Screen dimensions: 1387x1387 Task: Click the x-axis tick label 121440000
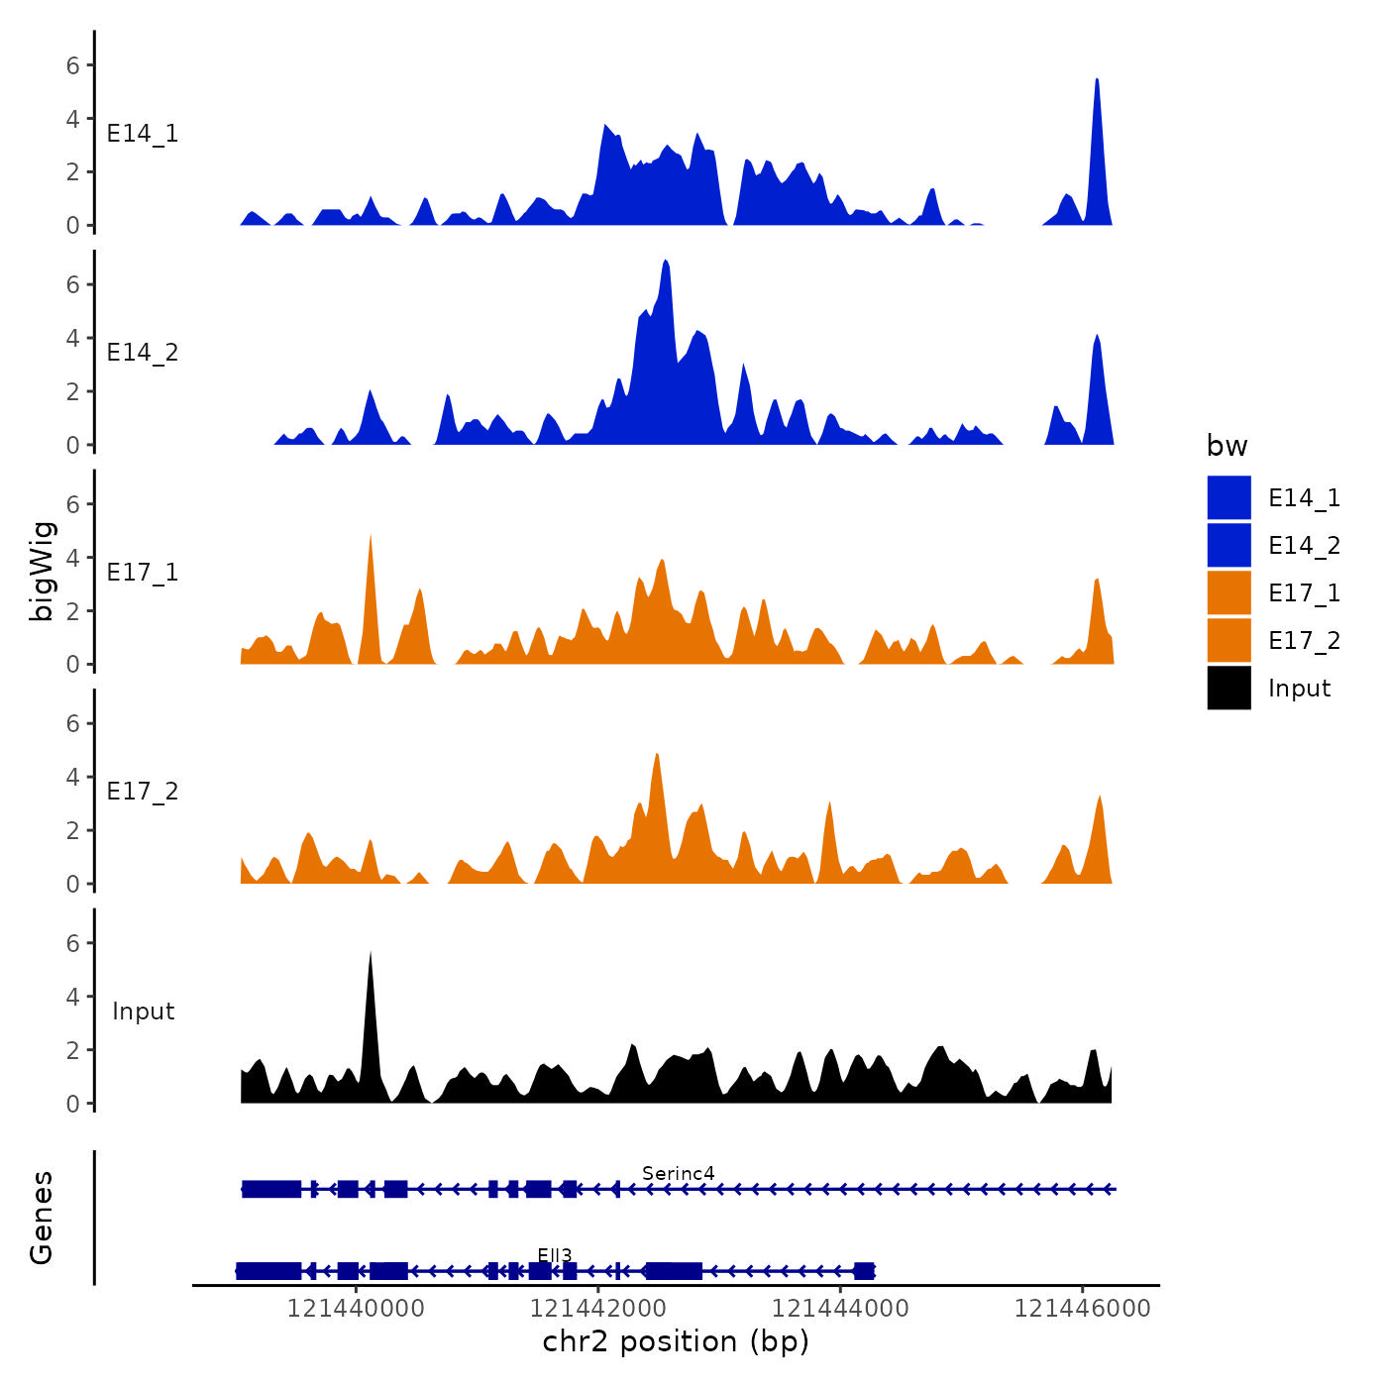(x=356, y=1308)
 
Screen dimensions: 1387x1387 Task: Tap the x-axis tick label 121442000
(x=597, y=1308)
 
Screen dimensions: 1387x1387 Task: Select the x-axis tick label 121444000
(x=840, y=1308)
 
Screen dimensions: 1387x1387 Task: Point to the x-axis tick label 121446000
(x=1082, y=1308)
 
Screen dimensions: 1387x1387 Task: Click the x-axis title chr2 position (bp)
(x=676, y=1341)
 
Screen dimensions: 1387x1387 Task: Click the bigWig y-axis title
(x=42, y=571)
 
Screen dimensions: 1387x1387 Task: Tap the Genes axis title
(x=42, y=1218)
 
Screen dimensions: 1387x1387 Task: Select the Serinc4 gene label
(x=678, y=1173)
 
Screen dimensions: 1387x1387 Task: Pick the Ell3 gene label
(x=555, y=1255)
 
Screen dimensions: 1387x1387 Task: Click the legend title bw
(x=1227, y=446)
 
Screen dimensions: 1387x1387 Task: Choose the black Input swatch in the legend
(x=1228, y=688)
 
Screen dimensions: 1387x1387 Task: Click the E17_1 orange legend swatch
(x=1228, y=592)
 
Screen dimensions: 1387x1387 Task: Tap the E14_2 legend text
(x=1304, y=545)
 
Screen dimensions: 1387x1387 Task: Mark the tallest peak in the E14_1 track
(x=1097, y=81)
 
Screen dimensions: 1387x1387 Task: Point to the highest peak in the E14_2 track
(x=666, y=263)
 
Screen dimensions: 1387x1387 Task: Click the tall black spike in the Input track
(x=371, y=955)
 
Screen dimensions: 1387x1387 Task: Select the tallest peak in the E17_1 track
(x=371, y=537)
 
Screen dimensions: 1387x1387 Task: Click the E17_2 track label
(x=143, y=791)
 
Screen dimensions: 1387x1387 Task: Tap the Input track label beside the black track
(x=143, y=1011)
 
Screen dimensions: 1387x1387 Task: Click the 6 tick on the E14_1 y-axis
(x=72, y=65)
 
